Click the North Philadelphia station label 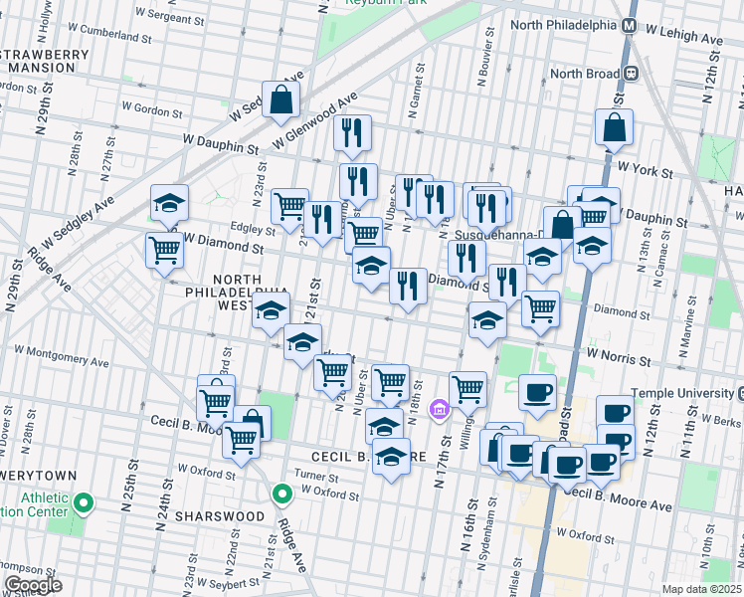(x=562, y=25)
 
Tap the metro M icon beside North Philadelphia (x=629, y=25)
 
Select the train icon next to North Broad (x=630, y=73)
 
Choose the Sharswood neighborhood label (x=219, y=516)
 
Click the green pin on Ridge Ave (x=282, y=493)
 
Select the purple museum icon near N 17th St (x=439, y=409)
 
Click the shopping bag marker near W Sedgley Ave (x=281, y=99)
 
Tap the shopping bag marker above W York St (x=614, y=126)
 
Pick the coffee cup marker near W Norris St (x=537, y=392)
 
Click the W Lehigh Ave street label (x=685, y=38)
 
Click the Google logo (x=33, y=585)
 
